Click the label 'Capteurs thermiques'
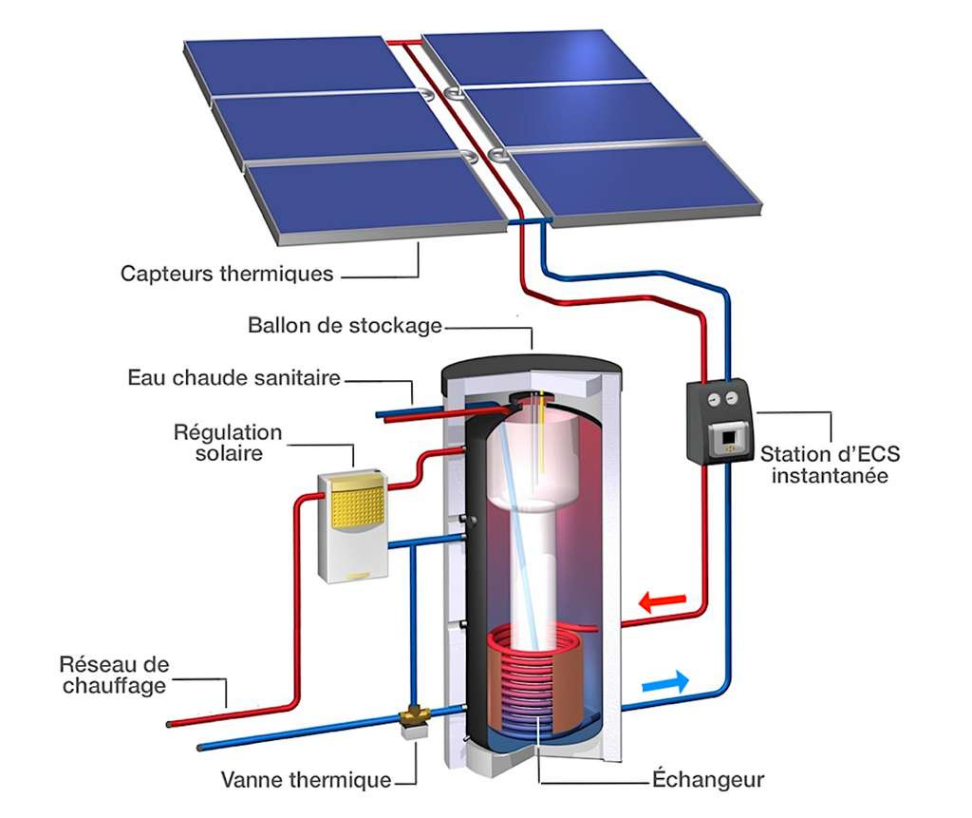click(x=227, y=274)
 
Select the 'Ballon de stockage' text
click(x=345, y=326)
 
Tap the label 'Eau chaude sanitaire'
click(x=234, y=378)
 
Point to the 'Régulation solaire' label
click(x=228, y=443)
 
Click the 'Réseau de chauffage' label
click(x=114, y=675)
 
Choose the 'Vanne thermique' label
click(x=306, y=780)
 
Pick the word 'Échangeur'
click(x=708, y=780)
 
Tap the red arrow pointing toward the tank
click(x=662, y=601)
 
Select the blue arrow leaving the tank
click(x=665, y=682)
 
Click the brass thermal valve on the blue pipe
click(x=414, y=717)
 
